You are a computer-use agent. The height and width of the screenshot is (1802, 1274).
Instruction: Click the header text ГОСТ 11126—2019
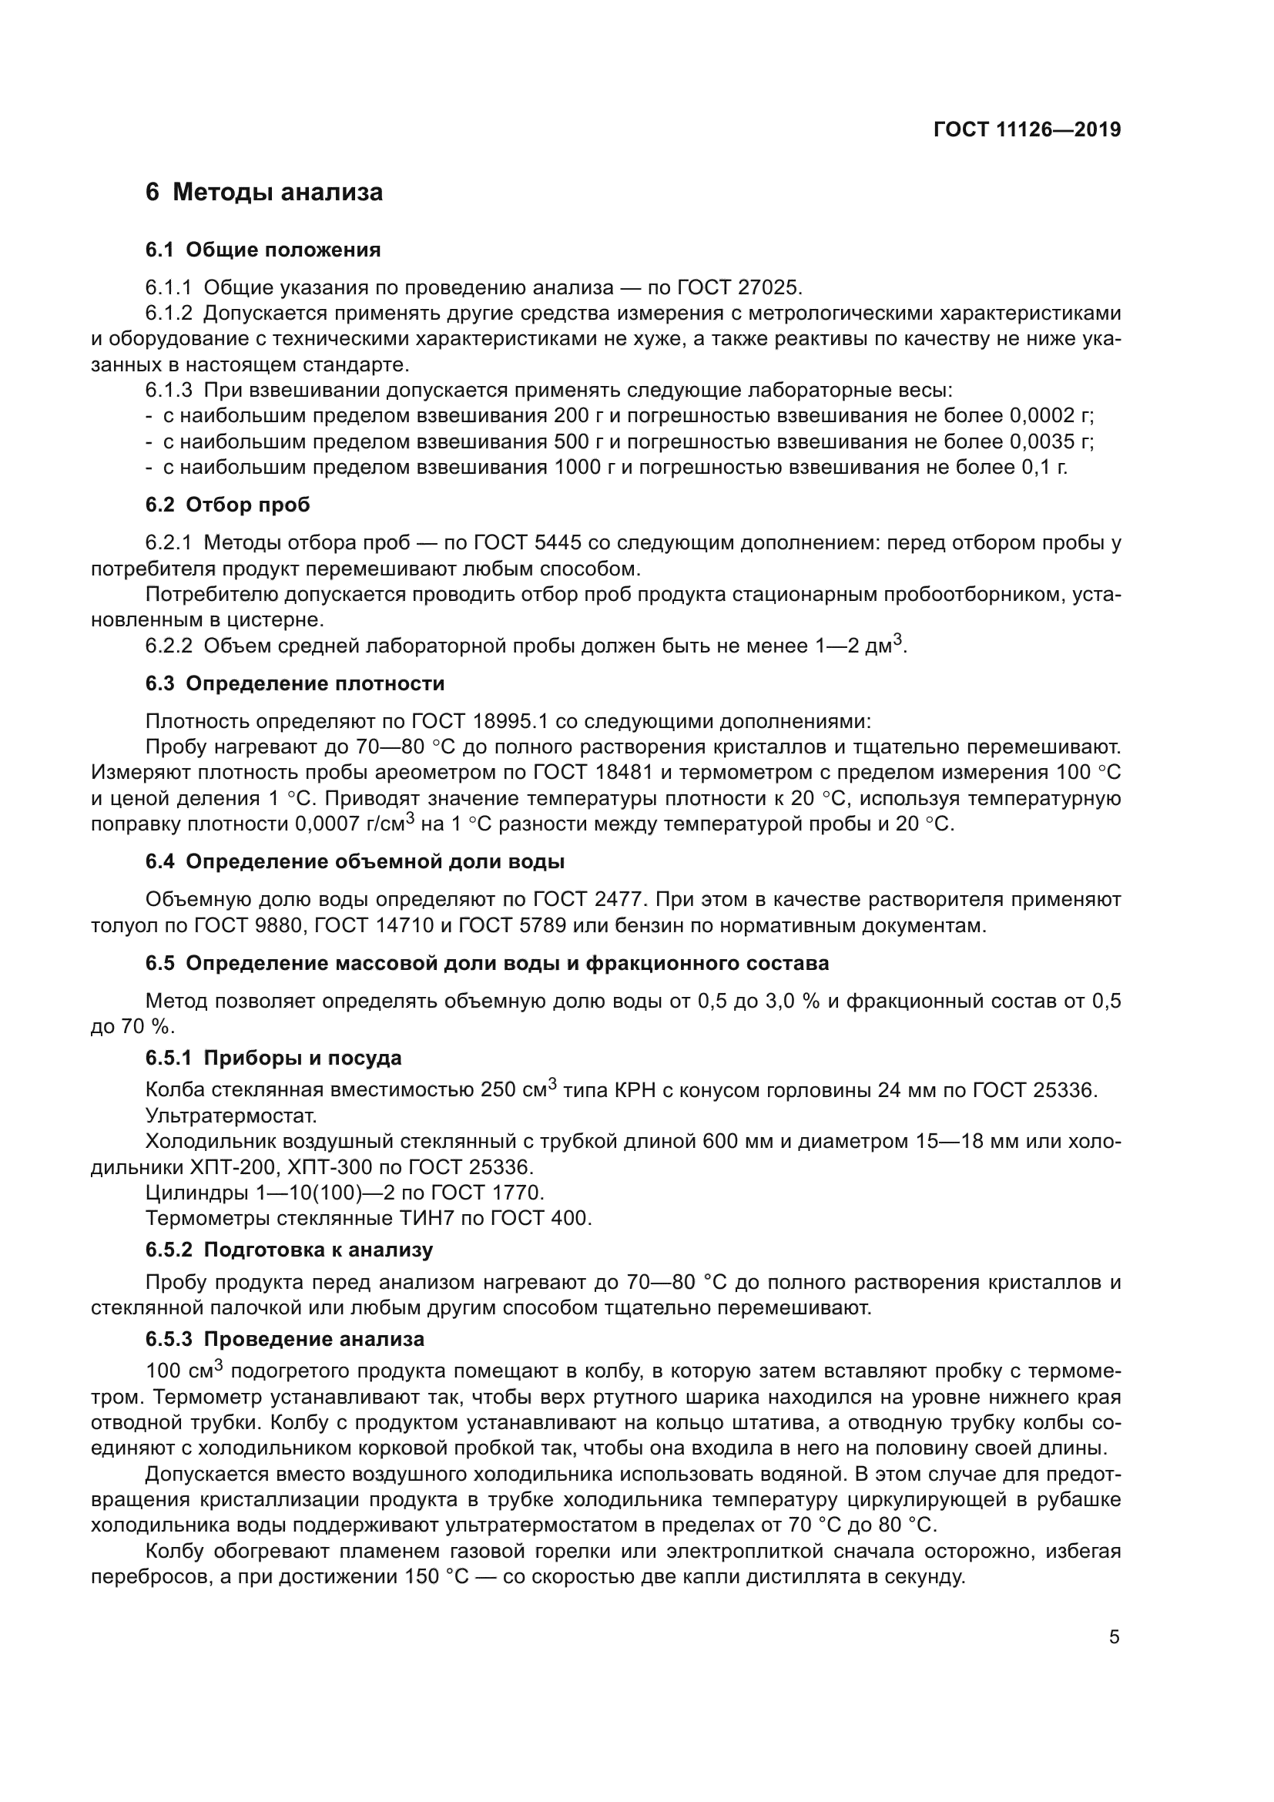1027,130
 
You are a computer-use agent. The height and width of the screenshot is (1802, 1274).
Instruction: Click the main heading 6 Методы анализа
264,193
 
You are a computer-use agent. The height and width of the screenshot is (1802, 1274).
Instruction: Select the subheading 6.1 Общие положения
263,250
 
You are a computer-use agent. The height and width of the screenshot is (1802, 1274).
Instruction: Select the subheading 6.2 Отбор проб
227,505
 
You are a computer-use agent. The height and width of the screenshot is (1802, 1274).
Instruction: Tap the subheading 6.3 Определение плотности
295,683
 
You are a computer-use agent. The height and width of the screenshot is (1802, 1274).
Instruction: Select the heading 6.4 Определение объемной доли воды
354,862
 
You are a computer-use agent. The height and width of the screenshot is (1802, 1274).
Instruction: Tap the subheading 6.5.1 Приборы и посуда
273,1058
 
